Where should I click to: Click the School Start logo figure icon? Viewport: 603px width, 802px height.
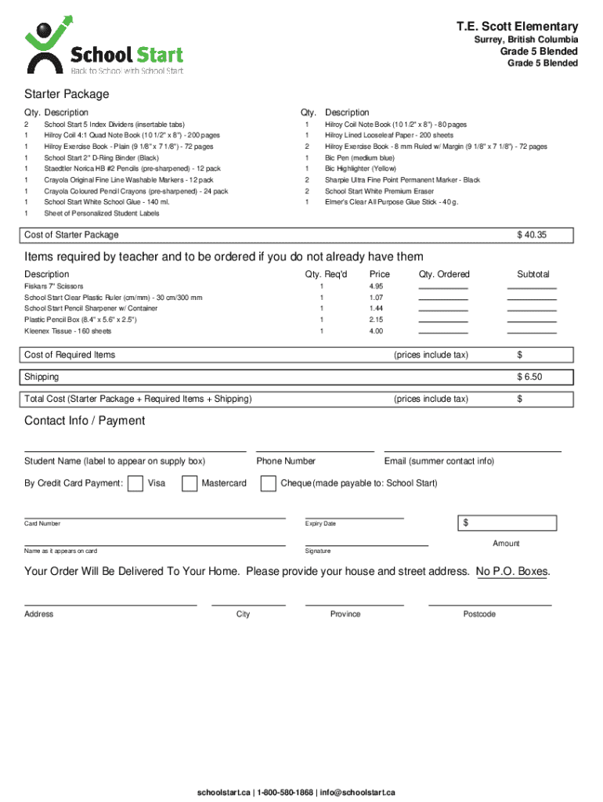pos(45,45)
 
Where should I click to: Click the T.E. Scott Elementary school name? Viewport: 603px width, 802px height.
pos(517,27)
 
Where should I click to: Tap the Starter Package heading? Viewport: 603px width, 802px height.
pos(67,94)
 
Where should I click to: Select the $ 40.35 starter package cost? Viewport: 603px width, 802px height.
pos(531,235)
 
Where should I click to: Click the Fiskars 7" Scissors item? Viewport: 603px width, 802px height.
pos(53,287)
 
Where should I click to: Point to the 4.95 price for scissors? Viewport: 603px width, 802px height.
pos(376,287)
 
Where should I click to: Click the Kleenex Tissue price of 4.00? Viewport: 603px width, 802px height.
pos(376,331)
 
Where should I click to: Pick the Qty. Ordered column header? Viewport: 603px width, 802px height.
pos(444,274)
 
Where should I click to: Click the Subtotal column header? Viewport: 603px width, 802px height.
pos(533,274)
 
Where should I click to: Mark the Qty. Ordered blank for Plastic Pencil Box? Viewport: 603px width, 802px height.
pos(443,320)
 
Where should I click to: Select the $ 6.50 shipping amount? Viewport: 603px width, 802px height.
pos(529,377)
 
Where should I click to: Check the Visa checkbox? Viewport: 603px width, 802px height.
pos(135,483)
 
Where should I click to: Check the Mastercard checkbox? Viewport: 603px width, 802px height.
pos(190,483)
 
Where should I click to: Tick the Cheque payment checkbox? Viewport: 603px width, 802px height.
pos(268,483)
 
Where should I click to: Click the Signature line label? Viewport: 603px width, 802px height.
pos(318,551)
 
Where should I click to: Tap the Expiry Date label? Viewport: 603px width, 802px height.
pos(320,523)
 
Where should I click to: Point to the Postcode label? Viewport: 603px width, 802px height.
pos(479,614)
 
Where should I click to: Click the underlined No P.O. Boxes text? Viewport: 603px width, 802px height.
pos(512,572)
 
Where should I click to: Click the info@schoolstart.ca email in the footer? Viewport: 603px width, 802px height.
pos(358,792)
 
